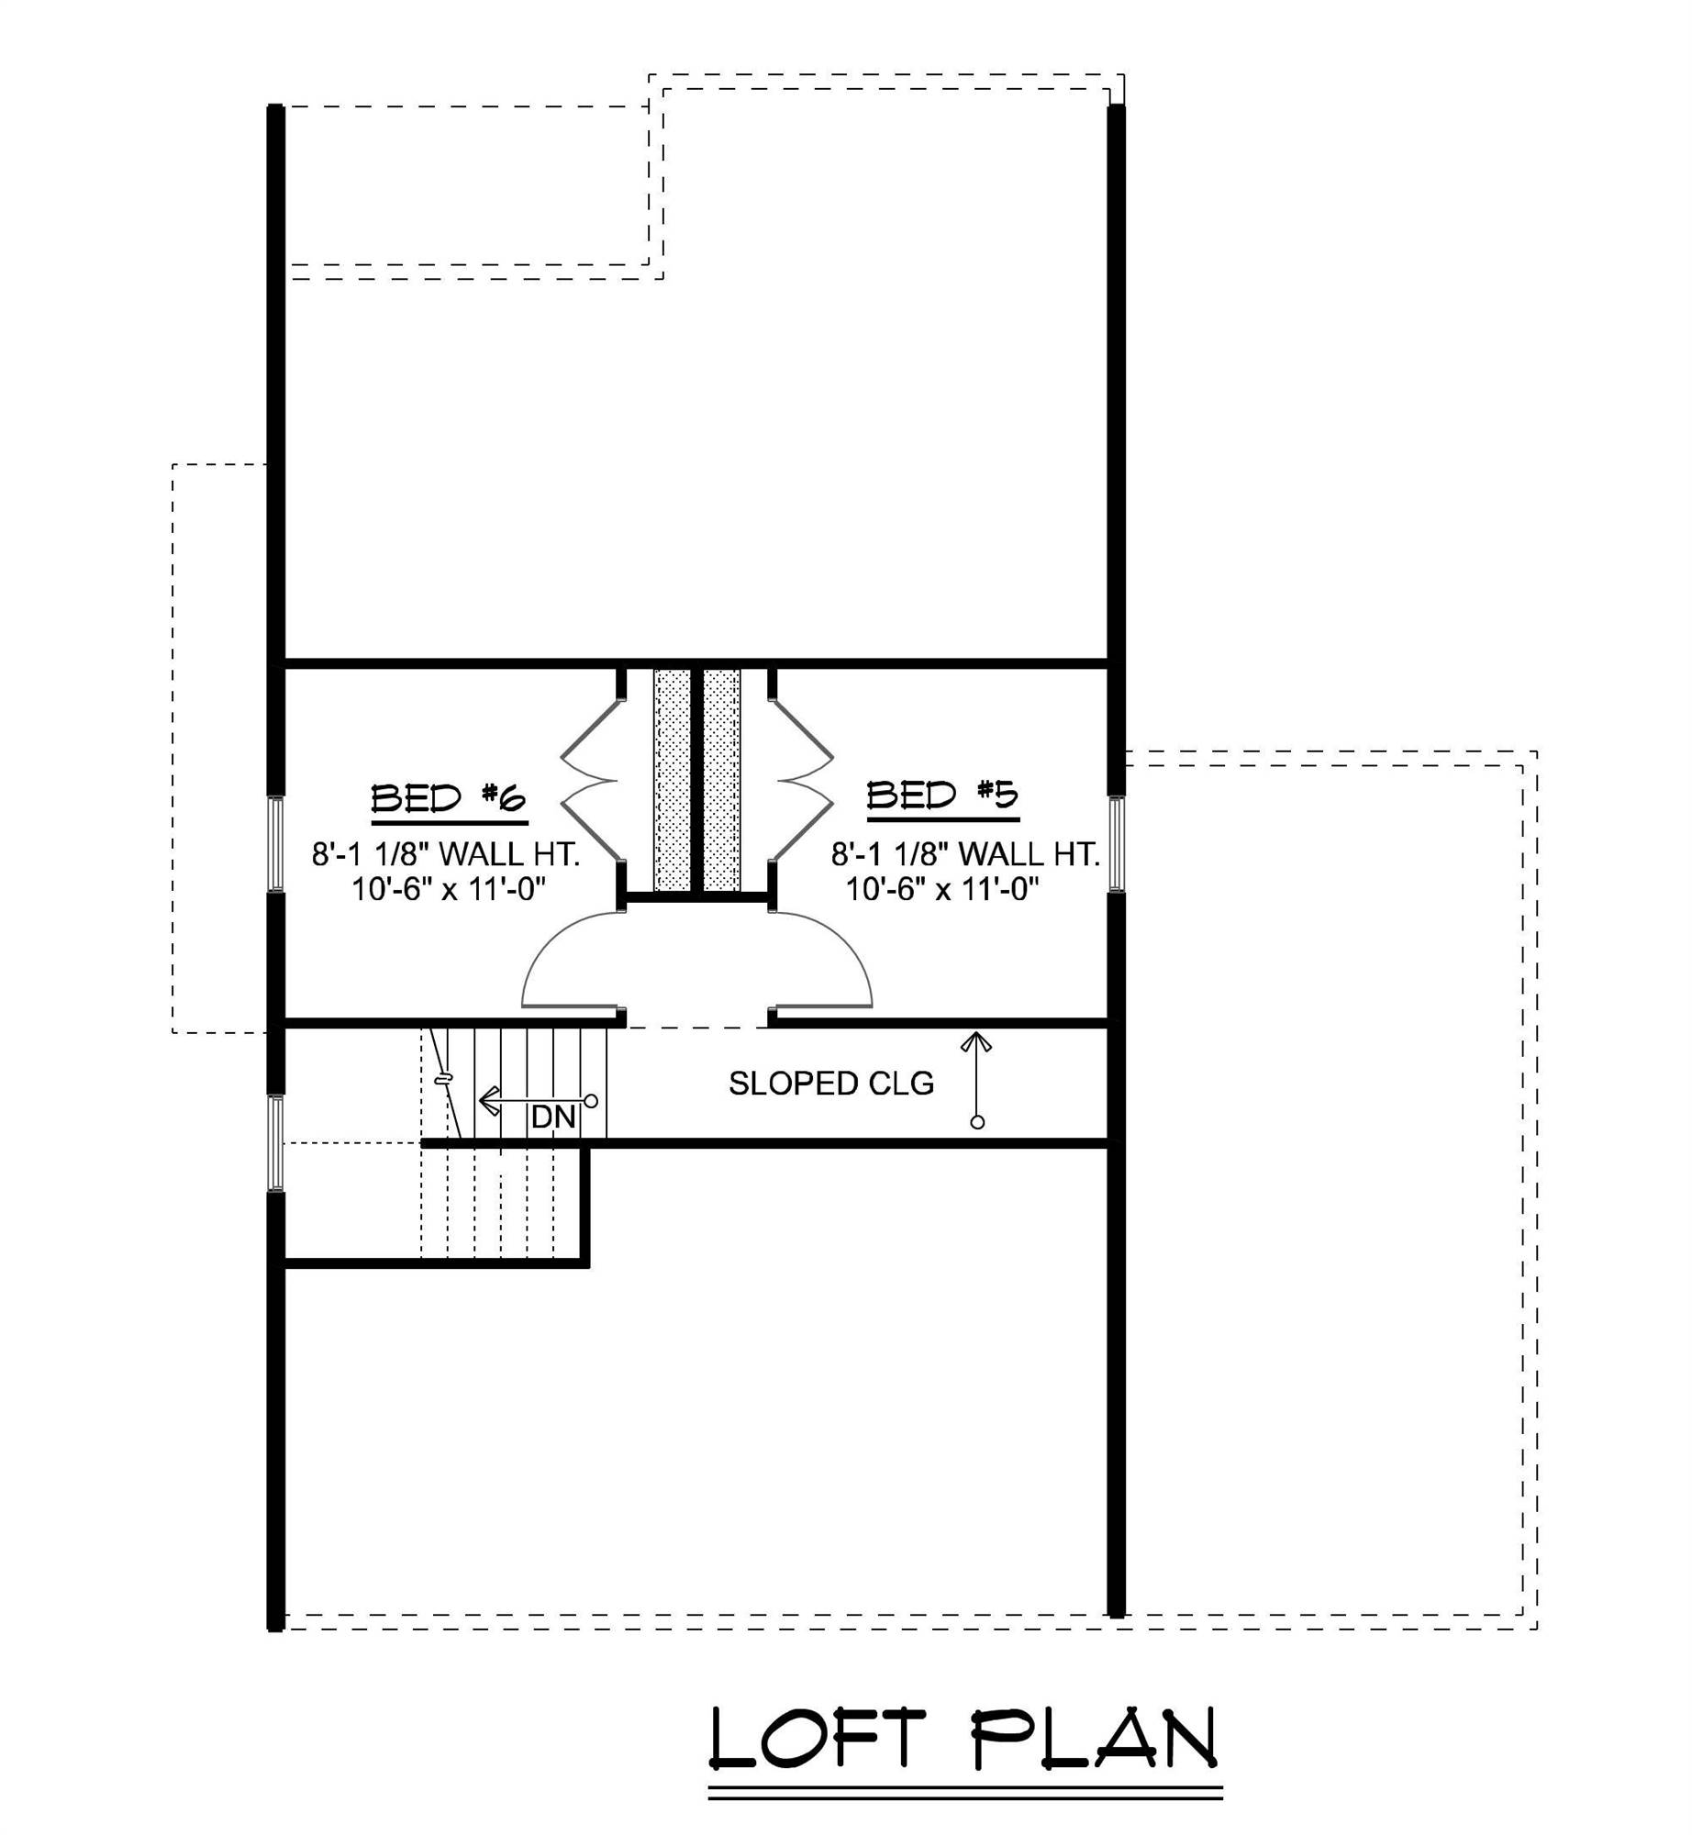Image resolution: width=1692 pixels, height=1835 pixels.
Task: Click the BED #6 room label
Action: (x=448, y=798)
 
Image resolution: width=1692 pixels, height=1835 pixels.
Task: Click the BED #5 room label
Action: (x=942, y=795)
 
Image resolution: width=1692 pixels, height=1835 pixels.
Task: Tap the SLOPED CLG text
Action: (x=830, y=1084)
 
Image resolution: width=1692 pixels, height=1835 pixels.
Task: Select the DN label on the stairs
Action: (x=553, y=1117)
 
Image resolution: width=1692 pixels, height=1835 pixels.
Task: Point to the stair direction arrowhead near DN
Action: (x=489, y=1099)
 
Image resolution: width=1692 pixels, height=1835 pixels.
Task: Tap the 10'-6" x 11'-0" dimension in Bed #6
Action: (x=449, y=889)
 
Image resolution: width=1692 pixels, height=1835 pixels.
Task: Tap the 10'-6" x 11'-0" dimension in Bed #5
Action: (x=942, y=889)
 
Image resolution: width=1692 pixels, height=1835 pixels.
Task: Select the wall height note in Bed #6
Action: (x=446, y=854)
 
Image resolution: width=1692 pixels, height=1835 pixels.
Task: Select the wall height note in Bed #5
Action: (x=965, y=854)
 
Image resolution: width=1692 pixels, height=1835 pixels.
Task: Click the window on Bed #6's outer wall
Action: (x=275, y=843)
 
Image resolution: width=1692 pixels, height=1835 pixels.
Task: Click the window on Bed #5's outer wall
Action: (x=1116, y=843)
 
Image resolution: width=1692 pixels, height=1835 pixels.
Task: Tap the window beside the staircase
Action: (x=275, y=1142)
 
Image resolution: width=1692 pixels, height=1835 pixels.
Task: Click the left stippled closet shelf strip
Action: (x=672, y=780)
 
